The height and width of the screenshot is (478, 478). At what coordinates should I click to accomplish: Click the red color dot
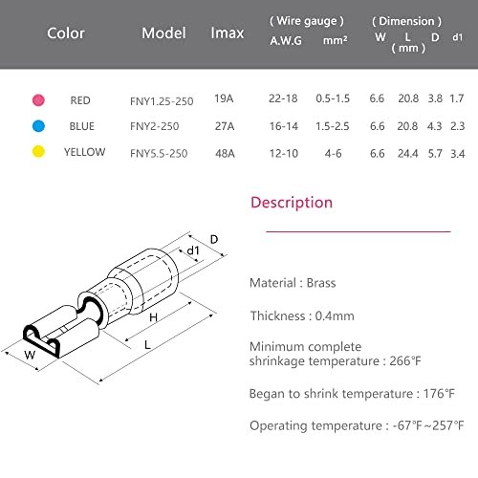pos(38,100)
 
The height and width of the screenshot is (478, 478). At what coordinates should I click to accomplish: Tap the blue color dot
pos(38,126)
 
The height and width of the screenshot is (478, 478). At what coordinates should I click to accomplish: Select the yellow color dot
pos(38,151)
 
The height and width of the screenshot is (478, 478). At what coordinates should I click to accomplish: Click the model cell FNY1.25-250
pos(162,101)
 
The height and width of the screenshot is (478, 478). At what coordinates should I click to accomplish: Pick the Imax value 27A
pos(225,126)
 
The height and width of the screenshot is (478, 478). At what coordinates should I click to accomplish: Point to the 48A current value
pos(225,154)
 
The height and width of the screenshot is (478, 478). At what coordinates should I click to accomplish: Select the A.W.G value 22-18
pos(283,98)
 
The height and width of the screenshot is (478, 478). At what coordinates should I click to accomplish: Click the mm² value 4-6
pos(333,154)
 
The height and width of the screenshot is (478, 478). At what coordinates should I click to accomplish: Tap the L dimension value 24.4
pos(407,154)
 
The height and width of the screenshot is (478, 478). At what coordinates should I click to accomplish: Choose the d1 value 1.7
pos(457,98)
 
